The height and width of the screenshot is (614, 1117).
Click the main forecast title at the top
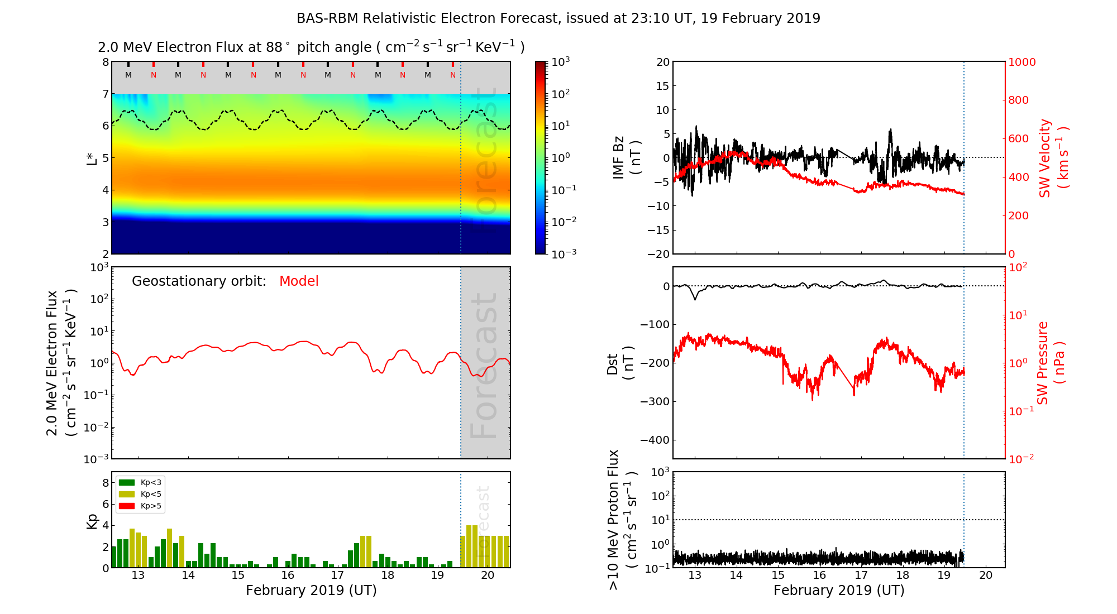(558, 18)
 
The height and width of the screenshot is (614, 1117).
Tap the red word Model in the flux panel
(299, 281)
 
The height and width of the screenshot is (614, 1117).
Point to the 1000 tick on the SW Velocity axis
(1021, 62)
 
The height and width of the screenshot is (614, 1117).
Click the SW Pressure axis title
(1051, 363)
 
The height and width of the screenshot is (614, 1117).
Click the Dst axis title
(620, 363)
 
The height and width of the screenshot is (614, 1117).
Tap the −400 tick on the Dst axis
(655, 440)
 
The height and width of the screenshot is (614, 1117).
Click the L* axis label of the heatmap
(92, 158)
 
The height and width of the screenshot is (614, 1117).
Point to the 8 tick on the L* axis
(105, 62)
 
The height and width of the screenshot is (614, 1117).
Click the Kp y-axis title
(92, 520)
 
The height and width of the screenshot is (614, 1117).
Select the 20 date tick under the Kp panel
(488, 575)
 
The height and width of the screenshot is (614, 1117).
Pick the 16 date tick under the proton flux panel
(819, 575)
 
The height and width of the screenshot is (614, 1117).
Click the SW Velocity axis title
(1053, 158)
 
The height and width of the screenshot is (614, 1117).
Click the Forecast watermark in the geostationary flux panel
(484, 366)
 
